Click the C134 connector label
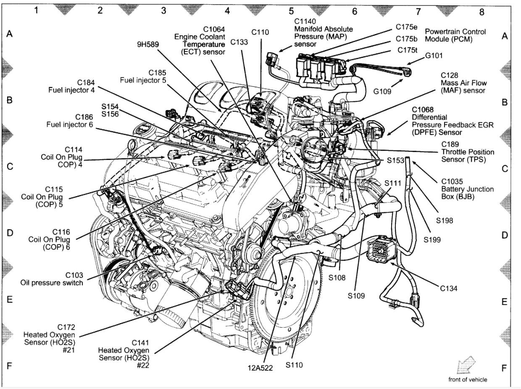[x=448, y=288]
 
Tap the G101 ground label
[x=434, y=55]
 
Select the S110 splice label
[x=294, y=365]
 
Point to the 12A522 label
[x=260, y=368]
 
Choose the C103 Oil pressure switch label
[x=52, y=279]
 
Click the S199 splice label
[x=432, y=240]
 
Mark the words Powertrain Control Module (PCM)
[x=455, y=35]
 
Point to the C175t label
[x=407, y=50]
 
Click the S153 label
[x=395, y=160]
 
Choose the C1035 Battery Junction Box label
[x=461, y=189]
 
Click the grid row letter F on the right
[x=504, y=368]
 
